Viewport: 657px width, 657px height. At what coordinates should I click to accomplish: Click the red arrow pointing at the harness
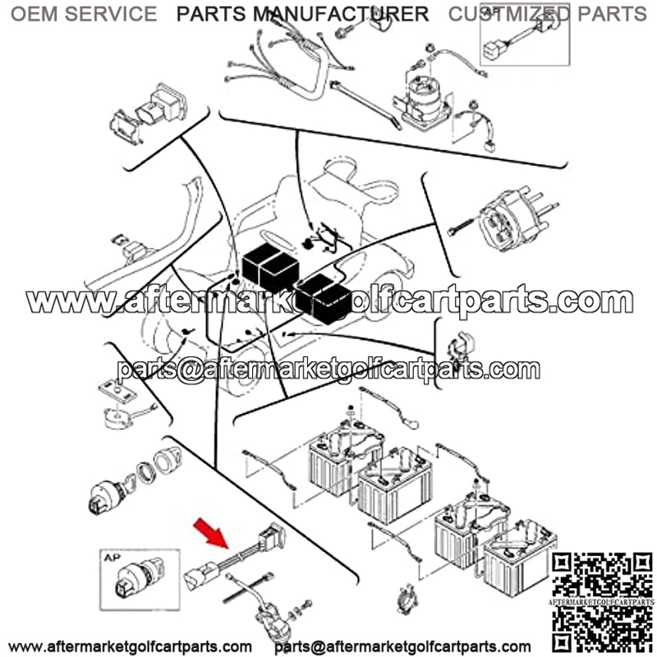(211, 533)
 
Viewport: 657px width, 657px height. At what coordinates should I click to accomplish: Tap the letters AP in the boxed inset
(112, 558)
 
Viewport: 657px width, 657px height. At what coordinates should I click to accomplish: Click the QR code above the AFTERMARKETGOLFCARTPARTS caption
(602, 575)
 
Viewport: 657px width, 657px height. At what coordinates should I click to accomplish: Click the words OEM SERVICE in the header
(84, 14)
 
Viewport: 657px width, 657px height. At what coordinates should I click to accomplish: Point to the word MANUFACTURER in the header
(341, 14)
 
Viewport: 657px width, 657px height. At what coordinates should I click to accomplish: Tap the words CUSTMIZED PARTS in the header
(547, 14)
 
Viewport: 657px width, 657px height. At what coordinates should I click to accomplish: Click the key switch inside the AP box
(140, 577)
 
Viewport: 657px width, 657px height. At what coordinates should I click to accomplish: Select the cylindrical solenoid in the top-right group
(423, 99)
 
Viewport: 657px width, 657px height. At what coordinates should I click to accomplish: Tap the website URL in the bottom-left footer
(130, 646)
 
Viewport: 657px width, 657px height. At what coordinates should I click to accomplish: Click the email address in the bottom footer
(402, 646)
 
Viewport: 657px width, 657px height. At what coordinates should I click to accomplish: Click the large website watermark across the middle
(329, 300)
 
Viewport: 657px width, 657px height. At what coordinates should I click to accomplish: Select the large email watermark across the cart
(328, 370)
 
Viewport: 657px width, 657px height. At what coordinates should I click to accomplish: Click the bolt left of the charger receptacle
(460, 227)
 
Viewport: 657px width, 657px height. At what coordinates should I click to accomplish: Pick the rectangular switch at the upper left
(149, 113)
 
